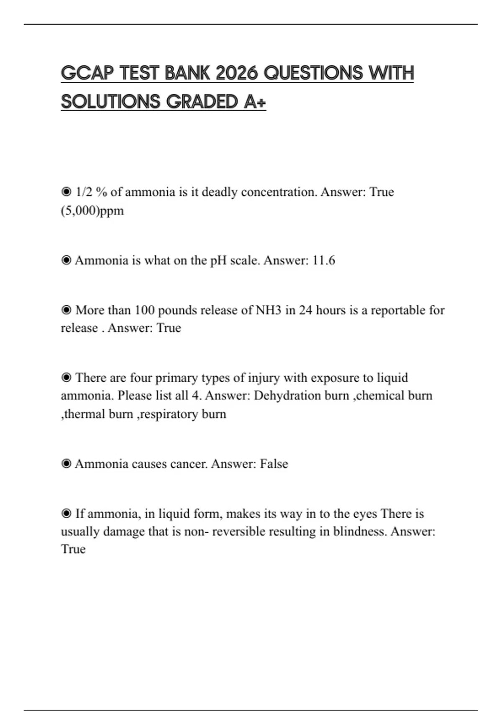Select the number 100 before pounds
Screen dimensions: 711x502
144,310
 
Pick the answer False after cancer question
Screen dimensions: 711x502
274,464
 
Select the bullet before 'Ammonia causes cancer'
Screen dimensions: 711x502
66,464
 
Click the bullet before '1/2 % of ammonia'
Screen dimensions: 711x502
66,192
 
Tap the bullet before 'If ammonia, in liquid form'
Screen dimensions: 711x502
66,514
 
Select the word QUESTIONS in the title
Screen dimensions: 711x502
313,73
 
